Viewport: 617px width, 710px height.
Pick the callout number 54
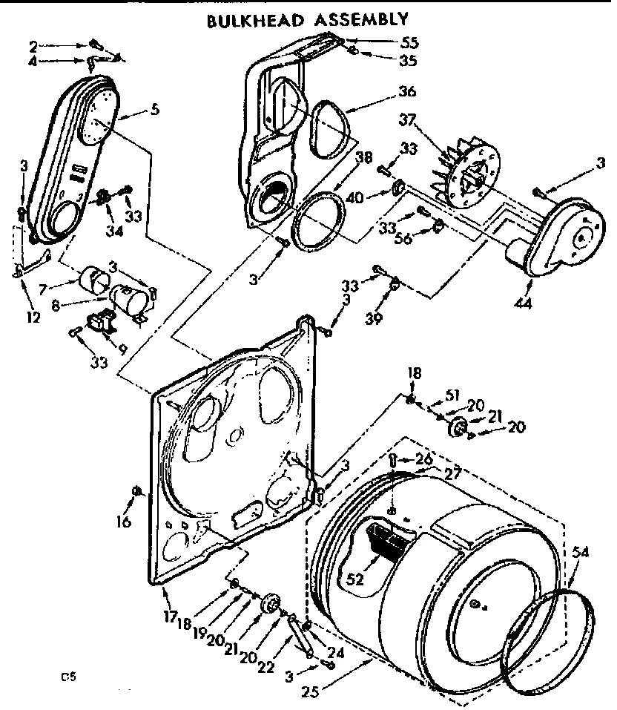[581, 550]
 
